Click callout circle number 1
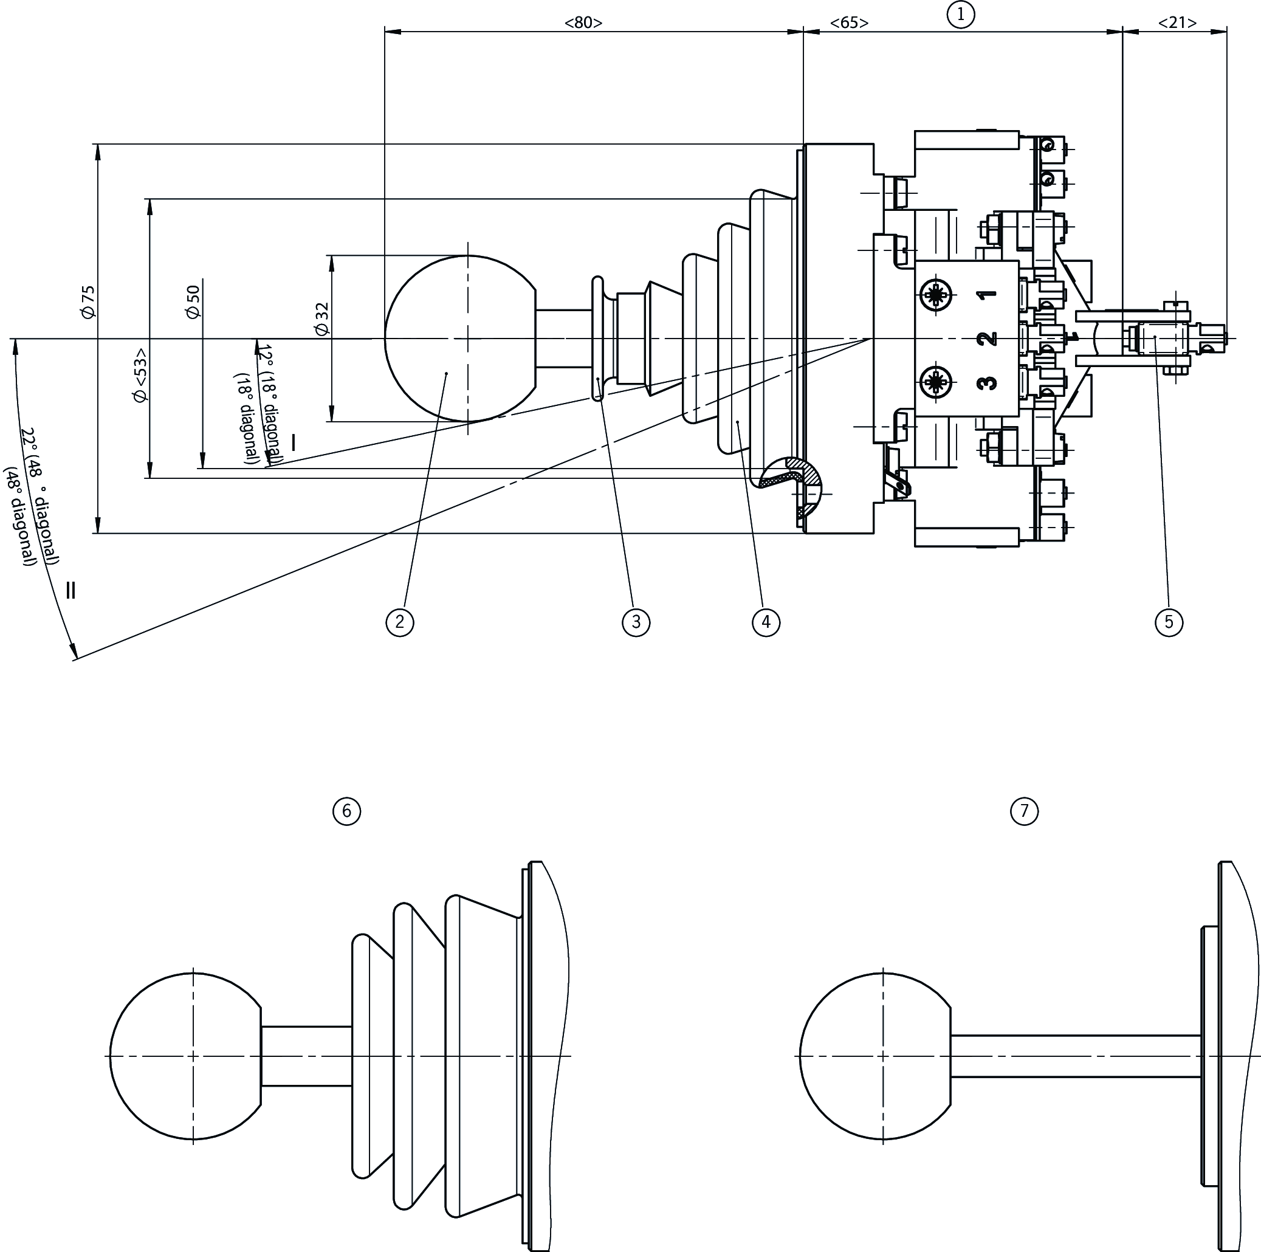960,15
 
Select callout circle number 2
399,621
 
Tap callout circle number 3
636,621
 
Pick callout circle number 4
766,621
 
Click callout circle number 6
346,811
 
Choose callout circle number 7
1024,811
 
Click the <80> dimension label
583,23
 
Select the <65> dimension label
849,23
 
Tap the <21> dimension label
1178,23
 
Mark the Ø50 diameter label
193,301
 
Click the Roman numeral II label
70,591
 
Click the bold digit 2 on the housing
989,339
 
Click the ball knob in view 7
874,1057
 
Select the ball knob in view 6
185,1057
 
